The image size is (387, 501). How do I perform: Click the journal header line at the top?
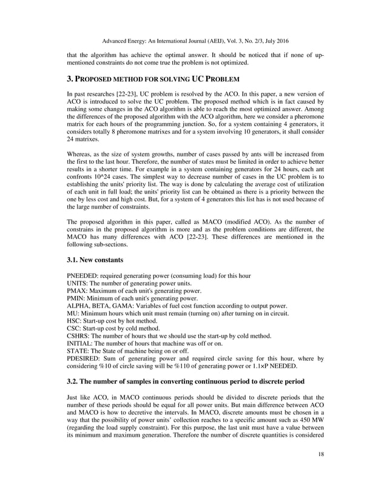click(x=193, y=41)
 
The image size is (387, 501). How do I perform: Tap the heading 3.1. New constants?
click(x=95, y=260)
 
